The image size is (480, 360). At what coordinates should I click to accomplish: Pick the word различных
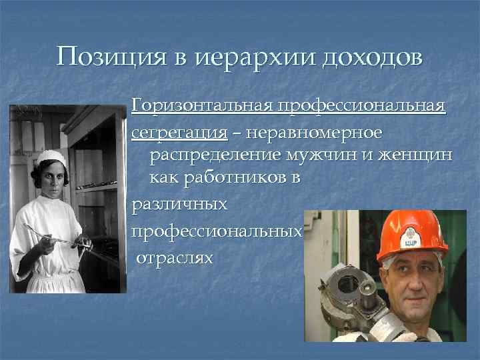pos(180,205)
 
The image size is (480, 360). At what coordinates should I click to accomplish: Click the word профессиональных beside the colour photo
pos(217,231)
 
